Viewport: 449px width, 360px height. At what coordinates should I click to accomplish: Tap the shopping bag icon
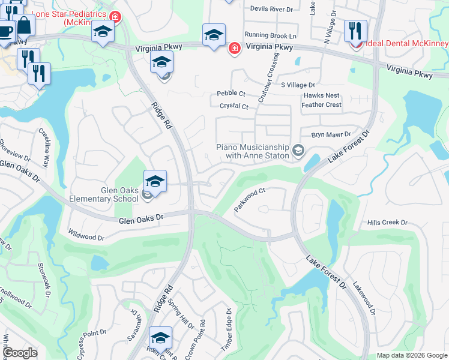(24, 26)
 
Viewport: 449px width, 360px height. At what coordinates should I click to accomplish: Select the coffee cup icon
(5, 31)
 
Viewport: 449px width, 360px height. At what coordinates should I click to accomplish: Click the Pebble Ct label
(232, 94)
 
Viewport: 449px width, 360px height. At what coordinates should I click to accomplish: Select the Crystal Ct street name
(234, 106)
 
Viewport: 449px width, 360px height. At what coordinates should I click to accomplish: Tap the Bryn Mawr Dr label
(331, 136)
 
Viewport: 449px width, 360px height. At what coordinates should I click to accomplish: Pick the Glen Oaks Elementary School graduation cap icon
(154, 181)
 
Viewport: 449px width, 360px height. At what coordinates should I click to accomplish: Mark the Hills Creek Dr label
(387, 223)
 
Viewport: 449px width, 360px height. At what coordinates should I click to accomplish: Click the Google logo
(20, 353)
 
